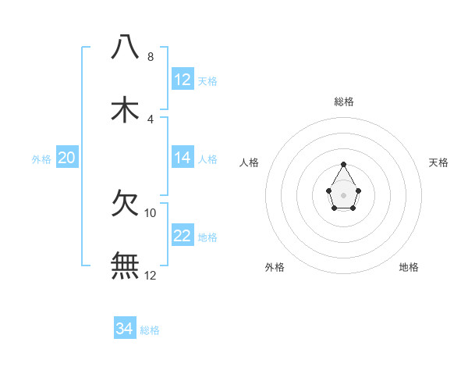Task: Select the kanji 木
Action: click(125, 109)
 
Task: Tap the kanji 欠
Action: click(125, 204)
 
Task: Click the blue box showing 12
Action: click(183, 80)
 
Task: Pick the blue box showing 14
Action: click(183, 158)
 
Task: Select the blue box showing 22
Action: click(183, 236)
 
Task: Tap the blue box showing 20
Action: click(67, 158)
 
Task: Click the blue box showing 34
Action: click(125, 329)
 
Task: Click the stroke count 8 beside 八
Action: click(151, 57)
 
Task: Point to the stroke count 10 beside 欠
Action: click(151, 213)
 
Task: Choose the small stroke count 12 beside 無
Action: click(151, 276)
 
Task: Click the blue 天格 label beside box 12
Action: click(207, 80)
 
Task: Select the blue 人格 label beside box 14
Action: click(207, 159)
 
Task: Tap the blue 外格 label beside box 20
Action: click(41, 159)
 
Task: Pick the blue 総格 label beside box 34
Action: click(150, 330)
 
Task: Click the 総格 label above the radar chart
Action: click(344, 102)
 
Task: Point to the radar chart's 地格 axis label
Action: click(409, 267)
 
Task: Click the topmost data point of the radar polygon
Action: click(344, 164)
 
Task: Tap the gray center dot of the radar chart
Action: click(344, 194)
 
